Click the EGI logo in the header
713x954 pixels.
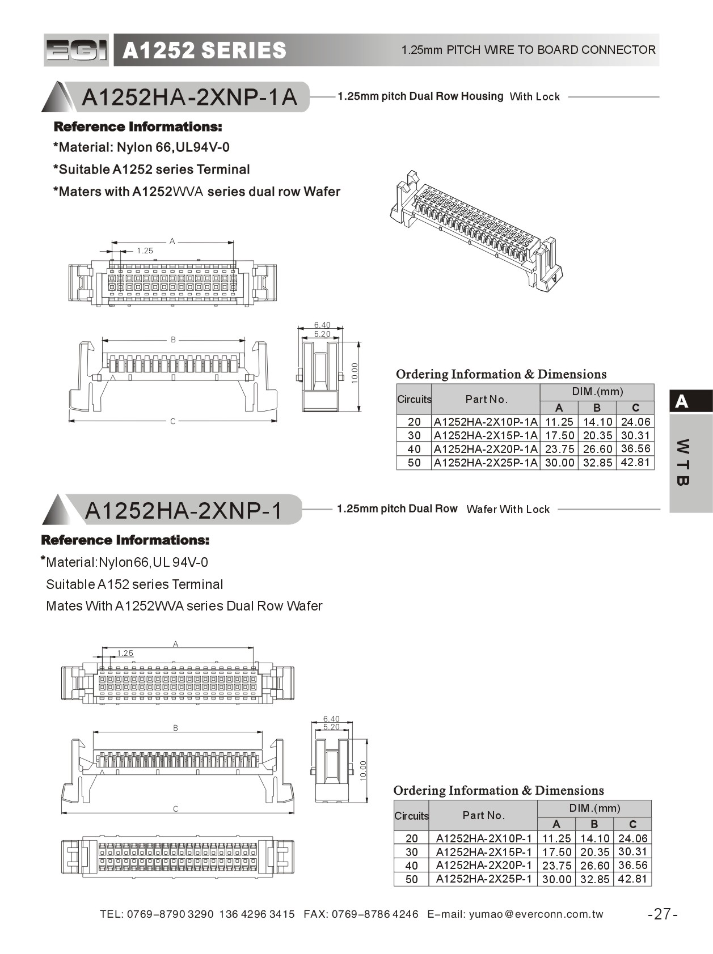[x=76, y=50]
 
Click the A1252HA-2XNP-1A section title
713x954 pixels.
[x=189, y=97]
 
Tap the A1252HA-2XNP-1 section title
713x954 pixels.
[x=183, y=511]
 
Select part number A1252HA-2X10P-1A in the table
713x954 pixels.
[x=486, y=422]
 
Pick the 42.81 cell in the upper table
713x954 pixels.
[x=635, y=462]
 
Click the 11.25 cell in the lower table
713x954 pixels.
[x=556, y=838]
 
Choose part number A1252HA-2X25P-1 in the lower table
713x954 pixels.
[x=483, y=879]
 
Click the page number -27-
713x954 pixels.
[x=663, y=914]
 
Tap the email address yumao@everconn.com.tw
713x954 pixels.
[x=536, y=914]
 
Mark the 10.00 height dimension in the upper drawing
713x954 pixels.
[x=355, y=374]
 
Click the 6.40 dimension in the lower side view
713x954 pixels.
[x=331, y=719]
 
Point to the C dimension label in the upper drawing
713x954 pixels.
[x=173, y=421]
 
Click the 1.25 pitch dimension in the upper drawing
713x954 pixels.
[x=145, y=251]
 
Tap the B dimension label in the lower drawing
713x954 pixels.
[x=176, y=728]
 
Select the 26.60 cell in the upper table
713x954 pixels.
[x=597, y=449]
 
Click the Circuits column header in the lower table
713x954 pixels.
[x=411, y=816]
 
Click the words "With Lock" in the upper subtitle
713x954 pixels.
[x=534, y=97]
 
